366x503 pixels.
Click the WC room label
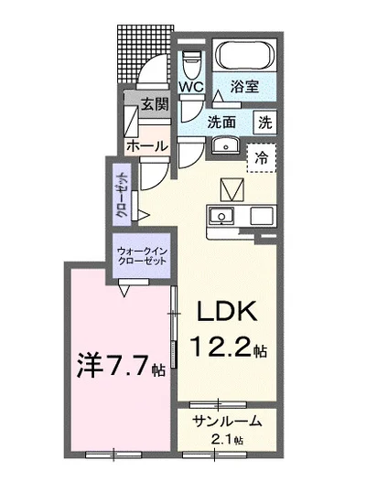(x=190, y=86)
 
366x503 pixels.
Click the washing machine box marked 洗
(x=264, y=120)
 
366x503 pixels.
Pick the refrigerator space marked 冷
(x=262, y=157)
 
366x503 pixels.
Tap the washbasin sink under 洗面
(x=224, y=145)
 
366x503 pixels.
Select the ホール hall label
(x=146, y=146)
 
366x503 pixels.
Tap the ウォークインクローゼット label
(x=142, y=255)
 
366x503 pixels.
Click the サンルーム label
(x=228, y=422)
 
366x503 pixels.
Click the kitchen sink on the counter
(x=221, y=216)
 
